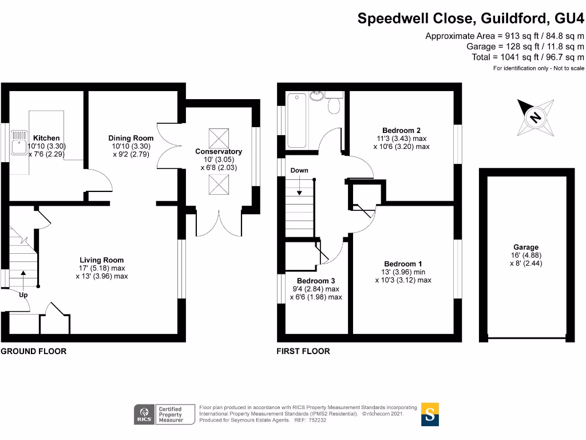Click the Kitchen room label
[46, 138]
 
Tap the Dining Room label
[131, 138]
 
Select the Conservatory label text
[219, 151]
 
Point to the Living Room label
[102, 260]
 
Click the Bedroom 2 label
[401, 130]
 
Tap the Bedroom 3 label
[316, 281]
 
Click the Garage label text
[525, 247]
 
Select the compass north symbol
[535, 117]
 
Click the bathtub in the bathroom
[298, 120]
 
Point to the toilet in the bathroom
[335, 104]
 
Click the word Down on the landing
[299, 170]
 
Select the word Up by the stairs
[23, 295]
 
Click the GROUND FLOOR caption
[33, 351]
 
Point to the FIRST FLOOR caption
[303, 351]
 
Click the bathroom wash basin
[316, 95]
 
